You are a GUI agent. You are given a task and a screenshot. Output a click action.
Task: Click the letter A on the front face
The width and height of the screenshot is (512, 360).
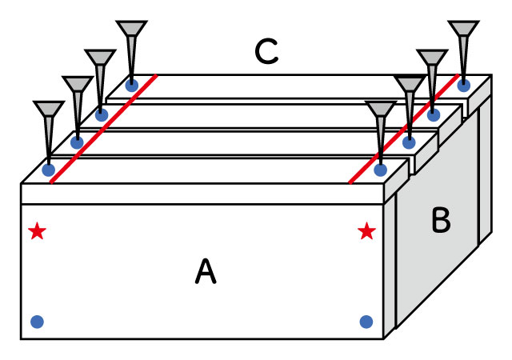[206, 274]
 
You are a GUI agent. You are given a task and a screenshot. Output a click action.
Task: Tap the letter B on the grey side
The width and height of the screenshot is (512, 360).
[440, 221]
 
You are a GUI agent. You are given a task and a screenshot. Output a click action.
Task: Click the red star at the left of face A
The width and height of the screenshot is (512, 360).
[37, 232]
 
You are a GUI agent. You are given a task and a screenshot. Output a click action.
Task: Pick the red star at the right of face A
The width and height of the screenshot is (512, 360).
[366, 232]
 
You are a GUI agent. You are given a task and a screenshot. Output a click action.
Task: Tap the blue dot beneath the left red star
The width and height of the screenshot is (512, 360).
[37, 322]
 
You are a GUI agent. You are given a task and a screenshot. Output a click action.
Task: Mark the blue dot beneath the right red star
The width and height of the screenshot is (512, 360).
[366, 322]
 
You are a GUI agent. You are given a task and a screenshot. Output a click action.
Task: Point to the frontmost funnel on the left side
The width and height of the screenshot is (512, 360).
[48, 112]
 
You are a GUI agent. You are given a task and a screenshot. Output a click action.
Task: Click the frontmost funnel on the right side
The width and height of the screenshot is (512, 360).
[380, 112]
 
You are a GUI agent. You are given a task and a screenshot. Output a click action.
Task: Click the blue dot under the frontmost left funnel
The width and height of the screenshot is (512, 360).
[49, 170]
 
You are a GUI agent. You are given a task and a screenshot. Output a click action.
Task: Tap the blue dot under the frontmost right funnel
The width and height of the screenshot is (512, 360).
[381, 170]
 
